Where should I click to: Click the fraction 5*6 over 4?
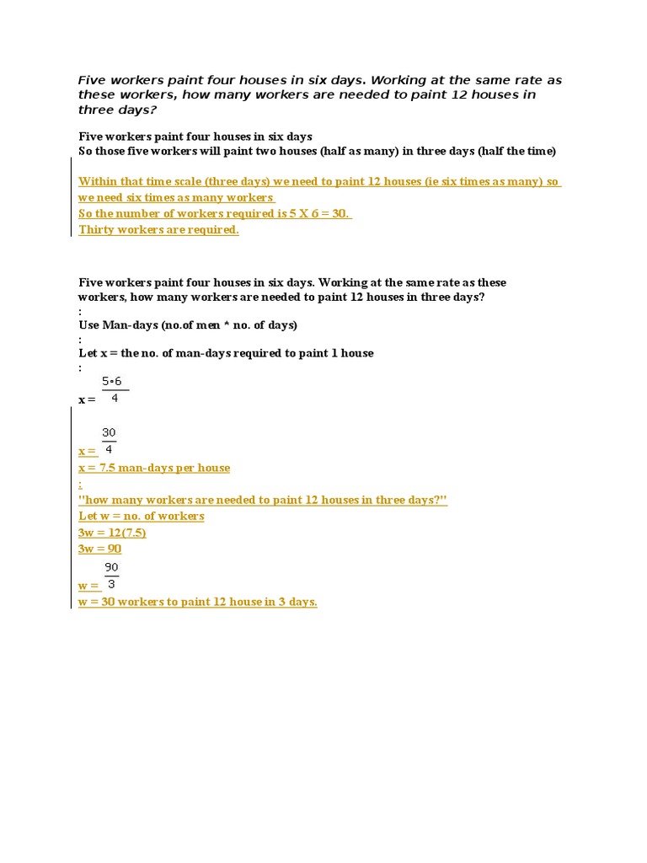(x=113, y=390)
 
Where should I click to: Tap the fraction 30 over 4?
(x=110, y=441)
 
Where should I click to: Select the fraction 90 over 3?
(x=111, y=576)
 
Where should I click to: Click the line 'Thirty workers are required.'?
(x=158, y=230)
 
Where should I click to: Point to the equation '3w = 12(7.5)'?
(x=112, y=533)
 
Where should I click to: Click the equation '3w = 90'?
(x=100, y=549)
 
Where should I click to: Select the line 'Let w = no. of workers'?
(x=142, y=516)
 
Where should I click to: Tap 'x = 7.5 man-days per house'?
(x=154, y=468)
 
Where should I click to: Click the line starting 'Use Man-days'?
(x=188, y=325)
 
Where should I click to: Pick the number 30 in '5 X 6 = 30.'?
(x=340, y=214)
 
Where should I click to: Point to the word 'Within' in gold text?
(x=96, y=182)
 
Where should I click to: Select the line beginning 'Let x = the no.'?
(x=226, y=353)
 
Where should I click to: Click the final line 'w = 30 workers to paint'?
(x=198, y=602)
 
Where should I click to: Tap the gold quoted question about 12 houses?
(x=263, y=500)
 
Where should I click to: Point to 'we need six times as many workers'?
(x=176, y=198)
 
